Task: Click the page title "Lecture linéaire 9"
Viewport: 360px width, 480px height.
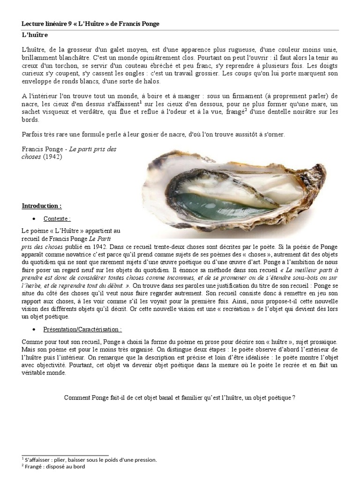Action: (50, 24)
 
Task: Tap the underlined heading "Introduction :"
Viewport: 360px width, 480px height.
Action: (42, 206)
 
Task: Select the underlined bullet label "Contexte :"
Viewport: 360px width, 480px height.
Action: (57, 218)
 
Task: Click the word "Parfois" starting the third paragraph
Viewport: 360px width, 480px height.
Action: (32, 134)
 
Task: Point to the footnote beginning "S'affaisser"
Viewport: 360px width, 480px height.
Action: (89, 460)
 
